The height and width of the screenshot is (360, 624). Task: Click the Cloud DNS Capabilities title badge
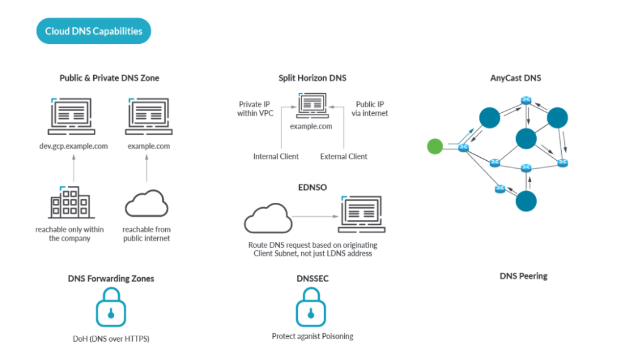point(93,31)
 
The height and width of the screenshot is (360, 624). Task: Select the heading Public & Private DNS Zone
point(110,78)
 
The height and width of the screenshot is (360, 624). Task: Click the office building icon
point(71,202)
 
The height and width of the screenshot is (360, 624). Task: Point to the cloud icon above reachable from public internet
point(146,203)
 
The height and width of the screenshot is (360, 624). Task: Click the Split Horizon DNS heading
point(313,78)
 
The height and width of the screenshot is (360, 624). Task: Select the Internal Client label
point(276,157)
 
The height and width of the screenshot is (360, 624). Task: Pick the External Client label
point(344,157)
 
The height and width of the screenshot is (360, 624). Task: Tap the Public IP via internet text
point(369,108)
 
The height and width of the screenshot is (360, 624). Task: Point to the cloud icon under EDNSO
point(267,218)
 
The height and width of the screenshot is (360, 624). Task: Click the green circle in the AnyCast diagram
point(434,146)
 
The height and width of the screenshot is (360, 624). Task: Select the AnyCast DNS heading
point(516,78)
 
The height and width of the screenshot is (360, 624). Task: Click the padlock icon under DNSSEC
point(311,308)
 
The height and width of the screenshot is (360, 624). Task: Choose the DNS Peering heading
point(523,276)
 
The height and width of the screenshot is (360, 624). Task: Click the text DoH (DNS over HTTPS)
point(111,339)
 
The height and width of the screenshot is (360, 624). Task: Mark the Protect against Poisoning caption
point(313,336)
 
